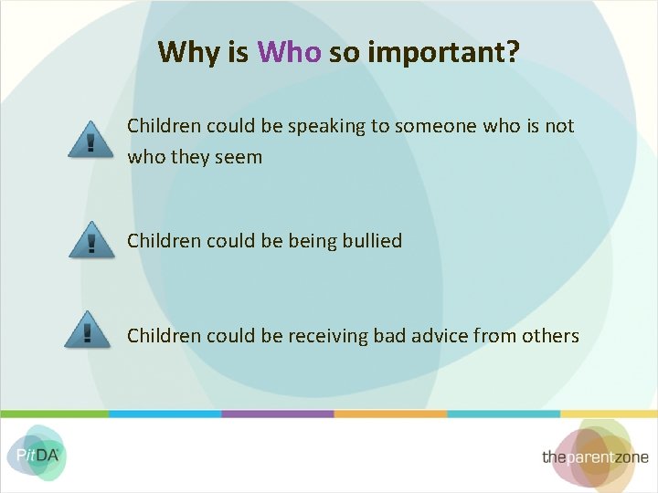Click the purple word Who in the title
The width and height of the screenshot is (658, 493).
[289, 52]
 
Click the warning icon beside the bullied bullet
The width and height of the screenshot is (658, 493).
[91, 241]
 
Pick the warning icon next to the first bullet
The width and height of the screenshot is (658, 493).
[91, 140]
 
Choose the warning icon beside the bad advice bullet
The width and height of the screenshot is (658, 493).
[88, 330]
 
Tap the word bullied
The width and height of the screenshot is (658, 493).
[371, 241]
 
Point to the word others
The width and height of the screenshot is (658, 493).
[550, 336]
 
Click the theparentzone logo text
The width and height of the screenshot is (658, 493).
[595, 456]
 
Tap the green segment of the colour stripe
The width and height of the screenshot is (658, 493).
[55, 414]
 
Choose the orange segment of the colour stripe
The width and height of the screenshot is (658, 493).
[390, 414]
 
